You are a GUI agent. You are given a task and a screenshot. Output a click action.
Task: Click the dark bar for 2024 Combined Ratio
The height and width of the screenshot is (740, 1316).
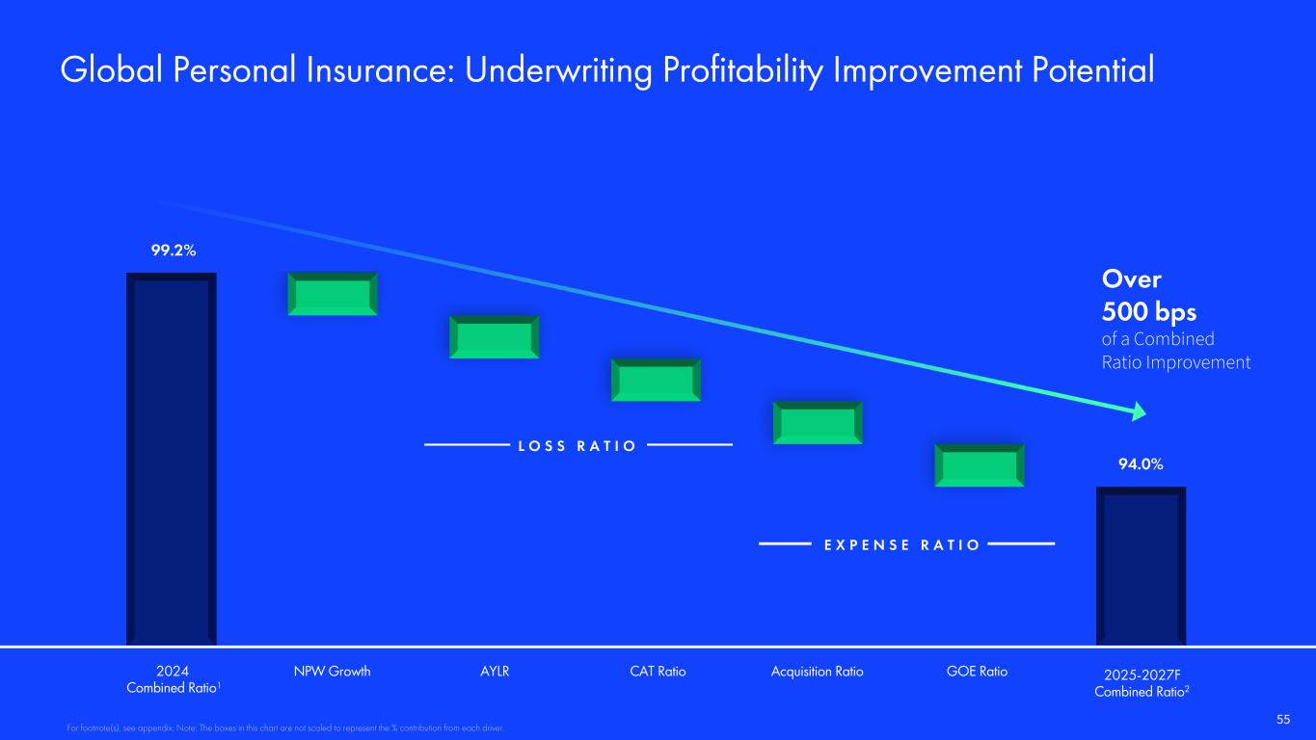click(172, 459)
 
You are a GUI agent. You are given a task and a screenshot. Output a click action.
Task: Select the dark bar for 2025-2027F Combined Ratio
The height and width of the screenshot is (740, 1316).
click(1141, 567)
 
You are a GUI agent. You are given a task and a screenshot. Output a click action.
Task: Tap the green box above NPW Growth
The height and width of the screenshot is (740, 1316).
click(333, 294)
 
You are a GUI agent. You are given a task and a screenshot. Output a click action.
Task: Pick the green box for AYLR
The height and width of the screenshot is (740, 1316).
click(494, 337)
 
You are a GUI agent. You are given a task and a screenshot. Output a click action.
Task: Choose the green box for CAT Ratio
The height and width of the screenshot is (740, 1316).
click(656, 380)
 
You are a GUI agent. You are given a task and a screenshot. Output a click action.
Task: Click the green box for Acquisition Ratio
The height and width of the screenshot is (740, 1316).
click(818, 423)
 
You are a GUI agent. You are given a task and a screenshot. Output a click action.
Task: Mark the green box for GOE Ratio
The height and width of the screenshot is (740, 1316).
click(980, 465)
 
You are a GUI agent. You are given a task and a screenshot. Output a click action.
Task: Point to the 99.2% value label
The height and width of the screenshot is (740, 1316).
click(174, 251)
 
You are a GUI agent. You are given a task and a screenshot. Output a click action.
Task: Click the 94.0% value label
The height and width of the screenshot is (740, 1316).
click(1141, 464)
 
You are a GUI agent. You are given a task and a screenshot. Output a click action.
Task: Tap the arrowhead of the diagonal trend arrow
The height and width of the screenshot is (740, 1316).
click(1139, 411)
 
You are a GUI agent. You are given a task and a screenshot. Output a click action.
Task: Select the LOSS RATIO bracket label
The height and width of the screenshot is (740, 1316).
click(577, 446)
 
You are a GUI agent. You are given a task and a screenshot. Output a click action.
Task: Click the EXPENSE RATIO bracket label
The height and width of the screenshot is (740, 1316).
click(902, 545)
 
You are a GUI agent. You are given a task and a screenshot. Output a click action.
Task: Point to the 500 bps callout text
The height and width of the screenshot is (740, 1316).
click(1149, 312)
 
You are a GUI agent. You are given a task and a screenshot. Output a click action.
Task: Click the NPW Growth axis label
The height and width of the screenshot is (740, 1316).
click(333, 672)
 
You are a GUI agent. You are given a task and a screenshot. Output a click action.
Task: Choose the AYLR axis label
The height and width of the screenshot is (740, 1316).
click(495, 672)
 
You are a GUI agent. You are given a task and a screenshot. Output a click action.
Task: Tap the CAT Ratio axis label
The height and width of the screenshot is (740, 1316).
click(658, 672)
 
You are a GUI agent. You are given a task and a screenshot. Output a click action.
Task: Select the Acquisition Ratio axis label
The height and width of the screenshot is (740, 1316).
click(818, 672)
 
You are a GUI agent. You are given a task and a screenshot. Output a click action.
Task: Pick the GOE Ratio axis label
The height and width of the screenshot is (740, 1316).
click(977, 672)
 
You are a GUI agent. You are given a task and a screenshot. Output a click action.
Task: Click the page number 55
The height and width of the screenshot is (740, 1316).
click(1283, 720)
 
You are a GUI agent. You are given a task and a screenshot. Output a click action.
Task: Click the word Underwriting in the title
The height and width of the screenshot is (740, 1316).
click(559, 71)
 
